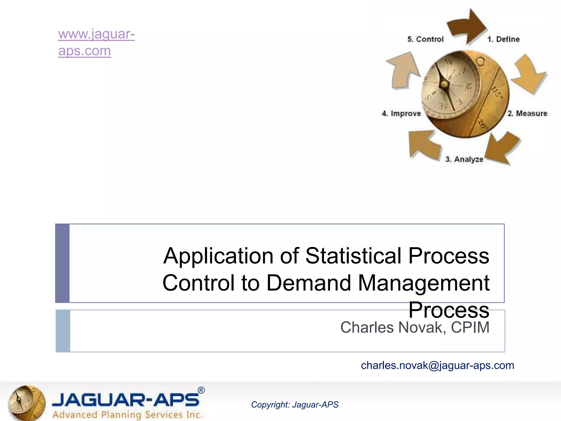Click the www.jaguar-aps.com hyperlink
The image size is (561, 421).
96,42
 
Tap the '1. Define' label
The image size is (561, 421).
503,39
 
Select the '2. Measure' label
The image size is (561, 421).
527,113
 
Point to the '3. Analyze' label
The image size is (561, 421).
464,159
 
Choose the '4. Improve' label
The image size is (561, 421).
401,113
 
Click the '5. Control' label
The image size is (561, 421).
425,39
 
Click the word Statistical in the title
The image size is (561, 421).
353,256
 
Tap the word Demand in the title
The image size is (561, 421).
308,283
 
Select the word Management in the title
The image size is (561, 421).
423,283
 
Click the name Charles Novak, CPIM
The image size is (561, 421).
414,327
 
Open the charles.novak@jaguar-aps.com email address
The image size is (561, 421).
437,365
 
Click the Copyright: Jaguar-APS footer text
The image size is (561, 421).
294,405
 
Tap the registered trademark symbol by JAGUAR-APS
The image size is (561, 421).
201,390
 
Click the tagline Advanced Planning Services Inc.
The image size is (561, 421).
127,415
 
